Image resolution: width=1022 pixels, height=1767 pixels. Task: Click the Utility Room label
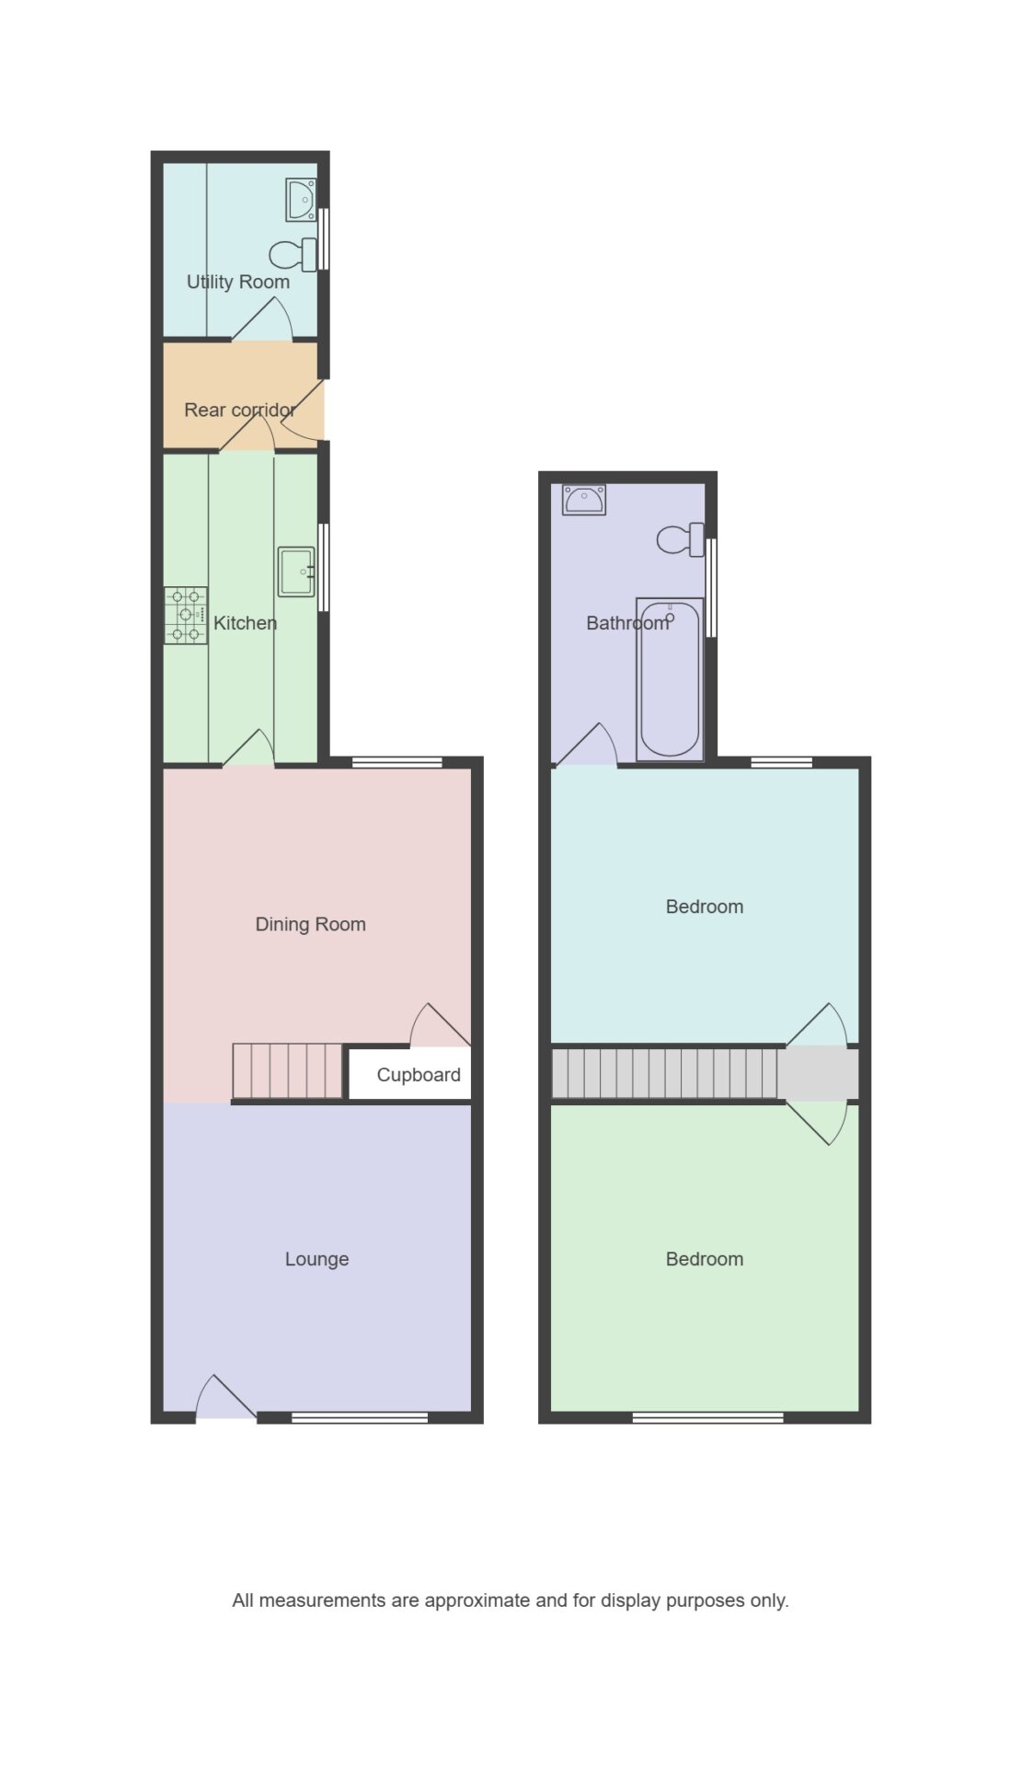(x=238, y=283)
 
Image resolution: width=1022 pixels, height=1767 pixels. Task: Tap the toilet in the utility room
(x=293, y=254)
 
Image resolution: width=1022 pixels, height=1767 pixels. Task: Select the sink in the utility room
(x=301, y=200)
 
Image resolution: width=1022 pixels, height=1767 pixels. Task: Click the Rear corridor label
(x=240, y=410)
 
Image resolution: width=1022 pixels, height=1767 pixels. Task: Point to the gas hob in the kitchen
(x=186, y=616)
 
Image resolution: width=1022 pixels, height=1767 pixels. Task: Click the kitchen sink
(x=296, y=572)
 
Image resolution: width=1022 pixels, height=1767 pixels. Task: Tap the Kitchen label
(x=246, y=623)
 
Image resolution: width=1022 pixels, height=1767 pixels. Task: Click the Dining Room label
(x=311, y=924)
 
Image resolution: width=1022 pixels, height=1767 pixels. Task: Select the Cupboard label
(x=419, y=1075)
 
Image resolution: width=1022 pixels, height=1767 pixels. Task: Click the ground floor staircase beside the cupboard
(x=287, y=1071)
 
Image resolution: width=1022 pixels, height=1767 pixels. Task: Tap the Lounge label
(x=317, y=1259)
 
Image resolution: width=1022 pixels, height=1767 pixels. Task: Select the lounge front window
(x=360, y=1418)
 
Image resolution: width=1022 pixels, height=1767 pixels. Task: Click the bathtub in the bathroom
(x=670, y=680)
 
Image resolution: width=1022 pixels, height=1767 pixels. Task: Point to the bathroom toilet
(x=681, y=539)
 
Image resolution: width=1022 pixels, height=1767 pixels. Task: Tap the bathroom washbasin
(x=584, y=500)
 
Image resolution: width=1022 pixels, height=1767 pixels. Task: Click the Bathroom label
(x=628, y=623)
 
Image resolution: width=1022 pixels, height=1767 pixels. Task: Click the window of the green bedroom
(x=708, y=1418)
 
